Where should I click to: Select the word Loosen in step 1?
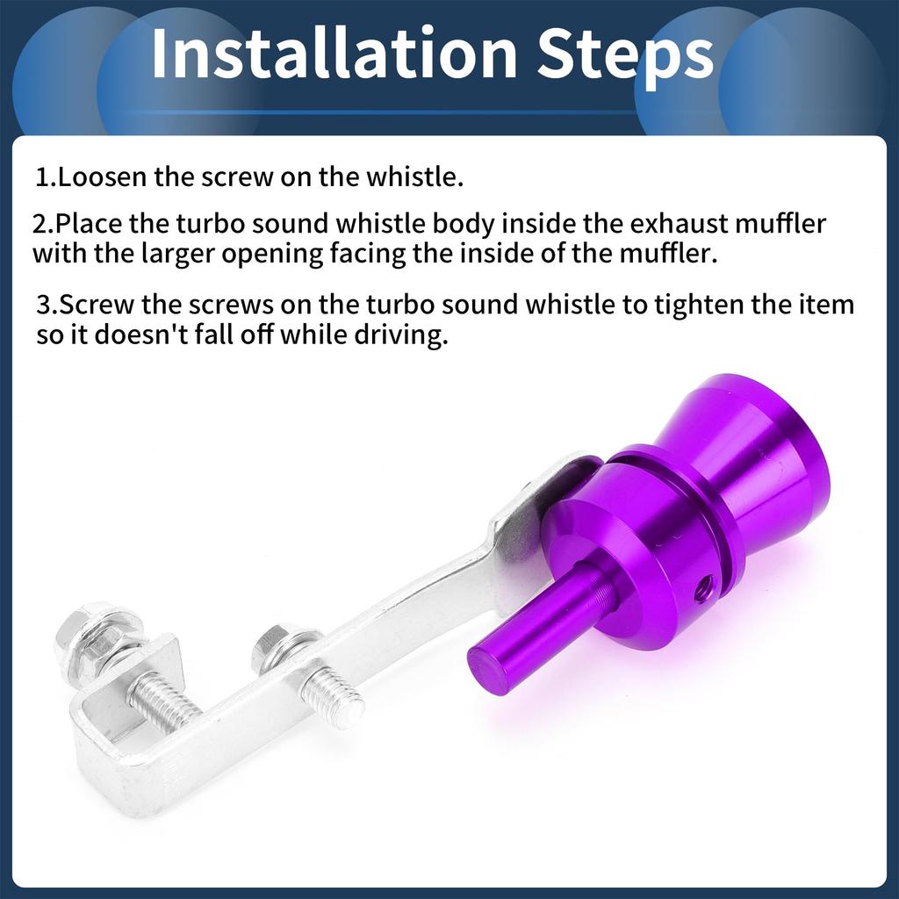104,176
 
